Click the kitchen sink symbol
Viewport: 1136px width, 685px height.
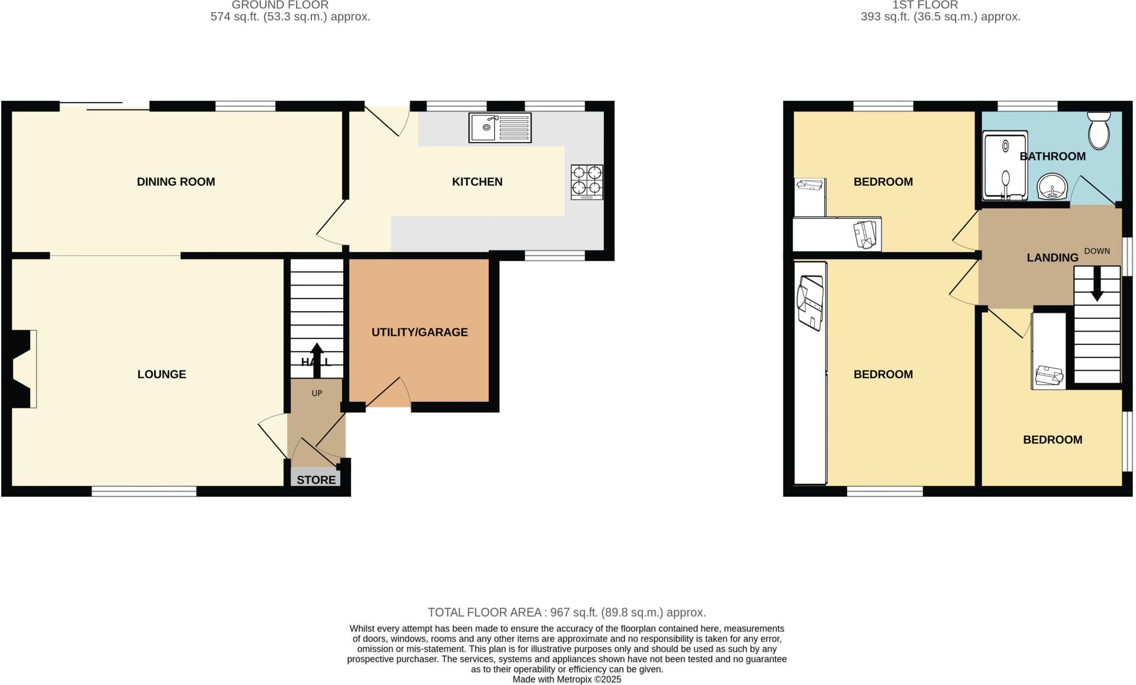(499, 128)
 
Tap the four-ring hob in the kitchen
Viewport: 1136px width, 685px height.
(587, 182)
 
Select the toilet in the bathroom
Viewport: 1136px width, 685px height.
(1098, 131)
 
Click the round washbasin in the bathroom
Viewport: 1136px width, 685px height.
(1052, 187)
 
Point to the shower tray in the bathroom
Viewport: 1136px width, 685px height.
(1005, 165)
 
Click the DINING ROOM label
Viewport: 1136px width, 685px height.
(176, 182)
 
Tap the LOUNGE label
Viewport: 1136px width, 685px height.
(161, 374)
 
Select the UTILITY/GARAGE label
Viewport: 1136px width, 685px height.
(419, 332)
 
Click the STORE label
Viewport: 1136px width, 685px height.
(316, 480)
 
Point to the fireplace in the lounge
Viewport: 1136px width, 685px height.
(23, 369)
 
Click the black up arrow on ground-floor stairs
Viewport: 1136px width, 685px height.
(317, 359)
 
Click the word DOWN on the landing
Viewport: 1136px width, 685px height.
(1097, 251)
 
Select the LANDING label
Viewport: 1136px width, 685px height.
(1052, 258)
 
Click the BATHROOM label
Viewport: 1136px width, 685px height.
(1052, 156)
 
